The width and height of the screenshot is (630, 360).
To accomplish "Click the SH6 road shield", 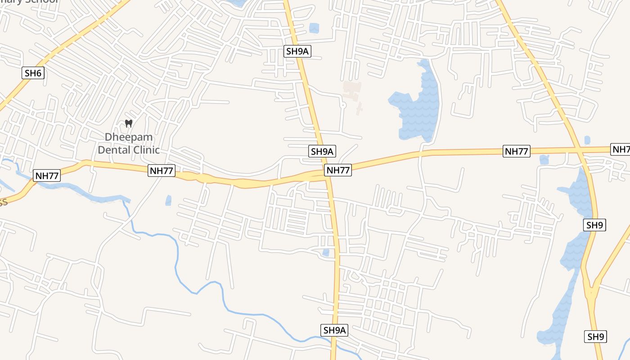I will [33, 73].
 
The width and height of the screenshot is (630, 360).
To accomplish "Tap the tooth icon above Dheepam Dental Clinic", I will [129, 123].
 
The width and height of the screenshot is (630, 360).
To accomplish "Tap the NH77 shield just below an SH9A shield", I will [338, 170].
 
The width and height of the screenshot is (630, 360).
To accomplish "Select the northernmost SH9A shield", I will [297, 51].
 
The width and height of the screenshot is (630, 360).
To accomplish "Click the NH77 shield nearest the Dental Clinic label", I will [161, 171].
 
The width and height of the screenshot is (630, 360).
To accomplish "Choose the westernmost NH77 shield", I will [47, 175].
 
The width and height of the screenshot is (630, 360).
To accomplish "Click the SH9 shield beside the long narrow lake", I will [594, 225].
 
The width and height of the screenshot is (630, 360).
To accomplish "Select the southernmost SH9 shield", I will [595, 337].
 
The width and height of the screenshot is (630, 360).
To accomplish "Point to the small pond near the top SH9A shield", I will [314, 28].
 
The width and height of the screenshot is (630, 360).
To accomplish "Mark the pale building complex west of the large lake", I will [352, 92].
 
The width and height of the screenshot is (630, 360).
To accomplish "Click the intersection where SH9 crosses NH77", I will [579, 150].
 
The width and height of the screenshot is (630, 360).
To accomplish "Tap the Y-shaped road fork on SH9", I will [591, 288].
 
